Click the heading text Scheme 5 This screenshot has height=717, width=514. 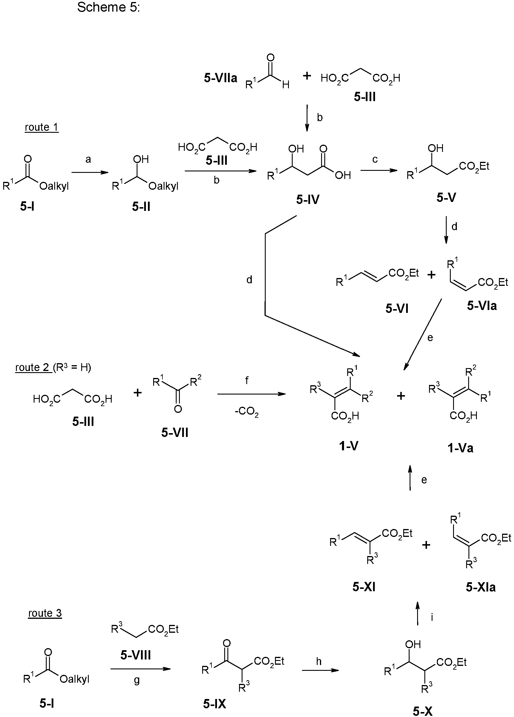click(x=108, y=7)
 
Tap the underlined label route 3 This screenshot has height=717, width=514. click(x=45, y=613)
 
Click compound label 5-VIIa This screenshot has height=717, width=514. click(x=220, y=78)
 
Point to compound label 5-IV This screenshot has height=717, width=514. click(x=307, y=200)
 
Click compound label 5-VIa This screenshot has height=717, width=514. click(x=482, y=306)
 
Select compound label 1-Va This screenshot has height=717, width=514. click(x=460, y=448)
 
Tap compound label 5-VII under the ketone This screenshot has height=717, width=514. click(x=175, y=432)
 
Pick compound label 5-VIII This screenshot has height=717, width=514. click(x=135, y=655)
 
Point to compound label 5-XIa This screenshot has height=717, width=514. click(x=481, y=587)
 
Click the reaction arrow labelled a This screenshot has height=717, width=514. click(x=90, y=173)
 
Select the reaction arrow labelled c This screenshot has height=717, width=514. click(x=379, y=171)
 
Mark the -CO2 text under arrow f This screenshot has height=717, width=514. click(x=247, y=412)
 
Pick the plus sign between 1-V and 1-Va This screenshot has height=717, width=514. click(x=401, y=396)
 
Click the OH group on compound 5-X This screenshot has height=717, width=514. click(x=413, y=644)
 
